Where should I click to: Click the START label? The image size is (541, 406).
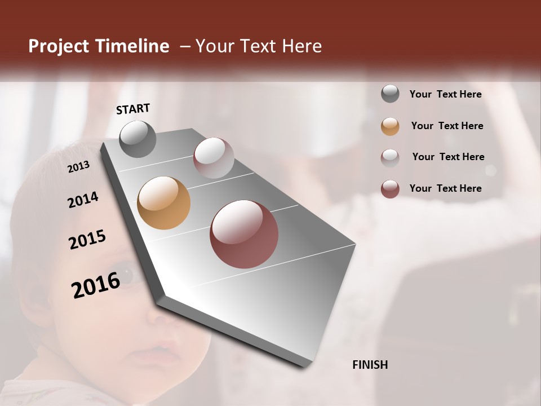point(133,109)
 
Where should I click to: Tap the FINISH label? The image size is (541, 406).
point(370,365)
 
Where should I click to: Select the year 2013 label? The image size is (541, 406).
point(78,166)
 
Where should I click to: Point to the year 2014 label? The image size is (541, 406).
point(83,200)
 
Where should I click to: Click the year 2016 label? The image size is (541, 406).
point(96,285)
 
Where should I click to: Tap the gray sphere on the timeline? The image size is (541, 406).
point(138,139)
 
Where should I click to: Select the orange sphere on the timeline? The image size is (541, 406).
point(163,203)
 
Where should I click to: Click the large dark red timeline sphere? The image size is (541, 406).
point(244,234)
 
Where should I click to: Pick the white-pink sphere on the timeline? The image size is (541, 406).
point(214,158)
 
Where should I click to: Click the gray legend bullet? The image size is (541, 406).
point(390,94)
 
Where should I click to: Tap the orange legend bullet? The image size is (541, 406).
point(390,126)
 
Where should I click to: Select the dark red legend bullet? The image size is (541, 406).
point(390,189)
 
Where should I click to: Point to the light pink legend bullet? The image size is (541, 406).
point(390,157)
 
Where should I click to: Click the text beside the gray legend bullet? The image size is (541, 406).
point(445,94)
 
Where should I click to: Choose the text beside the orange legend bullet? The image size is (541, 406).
point(447,126)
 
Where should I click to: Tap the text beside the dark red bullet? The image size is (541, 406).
point(445,188)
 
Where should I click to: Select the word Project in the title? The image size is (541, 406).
point(59,46)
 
